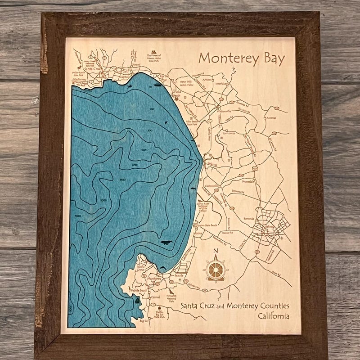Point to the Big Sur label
[144, 321]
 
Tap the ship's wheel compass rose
[216, 270]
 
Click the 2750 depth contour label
[134, 166]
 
